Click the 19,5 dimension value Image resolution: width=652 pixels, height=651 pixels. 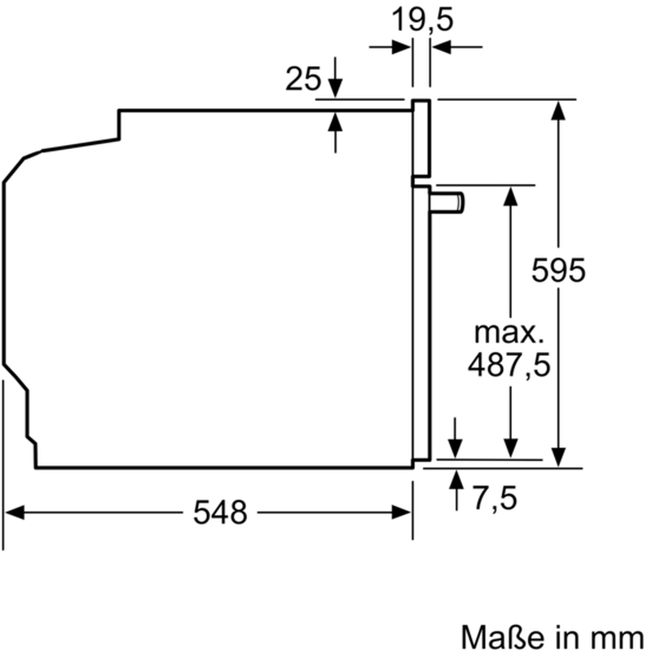tap(422, 20)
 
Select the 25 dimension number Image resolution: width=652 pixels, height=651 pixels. tap(303, 78)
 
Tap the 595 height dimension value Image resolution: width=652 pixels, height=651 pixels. tap(558, 271)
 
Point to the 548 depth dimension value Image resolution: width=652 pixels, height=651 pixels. tap(220, 512)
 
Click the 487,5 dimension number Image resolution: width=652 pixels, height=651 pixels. tap(509, 364)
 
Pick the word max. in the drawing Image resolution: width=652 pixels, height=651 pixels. tap(509, 332)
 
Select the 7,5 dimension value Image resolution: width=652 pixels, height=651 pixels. tap(495, 497)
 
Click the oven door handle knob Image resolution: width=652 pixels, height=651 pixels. tap(447, 202)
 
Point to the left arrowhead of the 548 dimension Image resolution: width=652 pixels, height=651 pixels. tap(14, 512)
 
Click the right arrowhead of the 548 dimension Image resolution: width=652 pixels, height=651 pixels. tap(401, 512)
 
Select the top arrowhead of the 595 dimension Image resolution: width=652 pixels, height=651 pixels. tap(558, 110)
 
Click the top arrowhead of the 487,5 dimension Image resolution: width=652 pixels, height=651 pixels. tap(511, 196)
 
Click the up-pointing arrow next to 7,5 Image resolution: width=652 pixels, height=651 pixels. tap(456, 490)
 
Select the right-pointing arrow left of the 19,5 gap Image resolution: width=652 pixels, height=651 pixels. tap(390, 47)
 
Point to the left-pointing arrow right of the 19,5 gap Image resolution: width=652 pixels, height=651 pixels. tap(457, 47)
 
